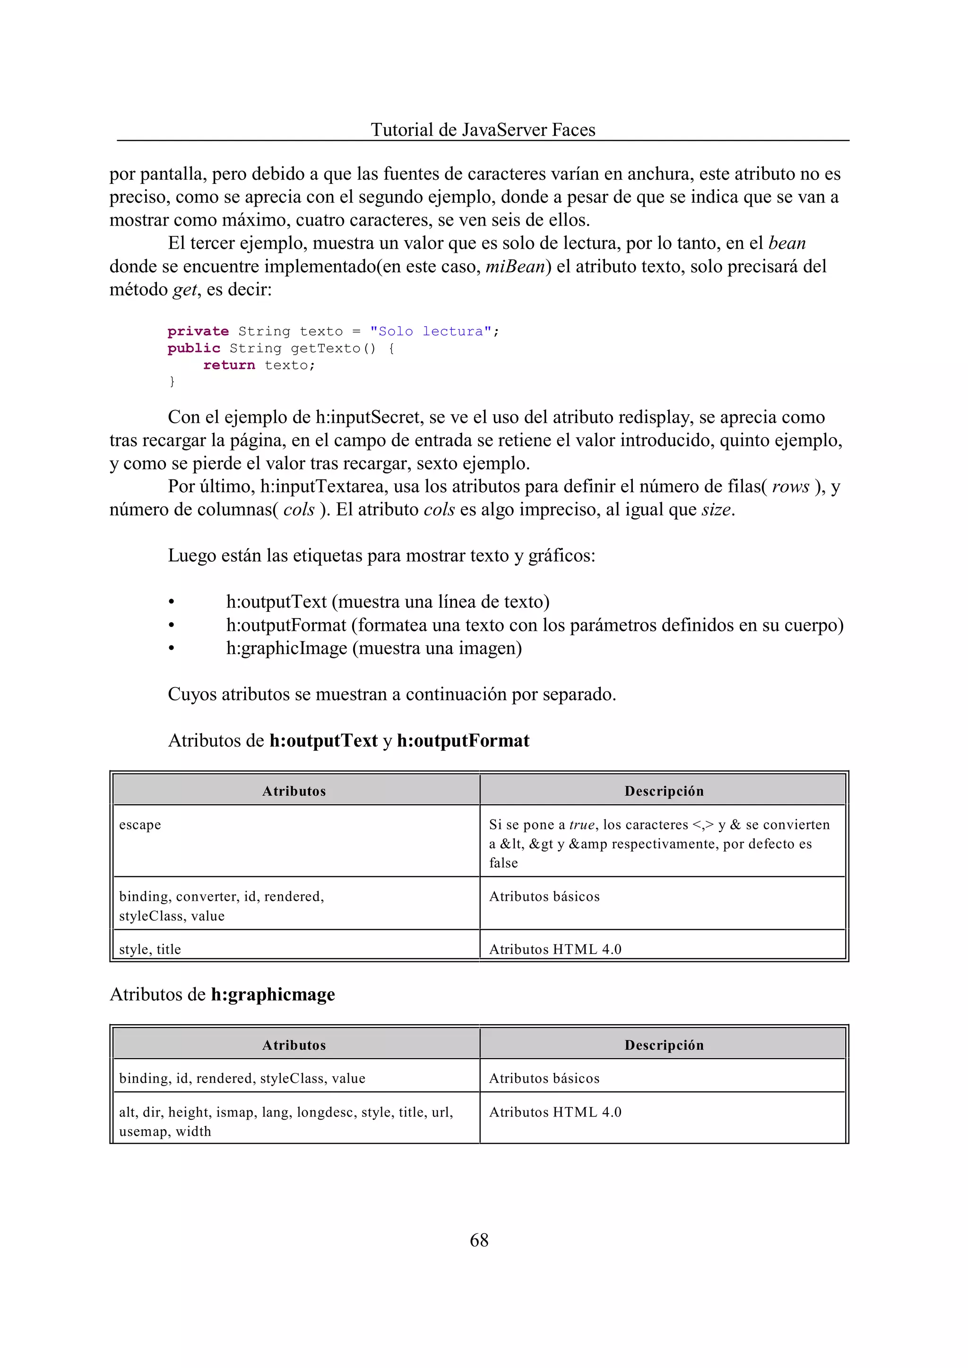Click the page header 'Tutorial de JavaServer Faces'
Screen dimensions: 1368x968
[x=483, y=130]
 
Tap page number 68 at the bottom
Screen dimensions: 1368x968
[x=479, y=1240]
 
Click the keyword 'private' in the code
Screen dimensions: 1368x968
[x=198, y=331]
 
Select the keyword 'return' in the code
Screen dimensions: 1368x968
[x=229, y=365]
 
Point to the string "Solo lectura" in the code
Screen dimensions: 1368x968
[x=431, y=331]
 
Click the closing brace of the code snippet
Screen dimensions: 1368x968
[x=172, y=381]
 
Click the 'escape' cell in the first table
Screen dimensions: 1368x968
[x=140, y=825]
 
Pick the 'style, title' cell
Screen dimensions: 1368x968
[x=150, y=949]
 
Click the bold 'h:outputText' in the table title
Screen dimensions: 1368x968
[x=323, y=741]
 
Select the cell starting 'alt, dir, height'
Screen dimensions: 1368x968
[x=286, y=1121]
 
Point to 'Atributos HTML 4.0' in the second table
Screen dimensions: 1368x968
[x=555, y=1112]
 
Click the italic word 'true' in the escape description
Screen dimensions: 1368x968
[x=582, y=825]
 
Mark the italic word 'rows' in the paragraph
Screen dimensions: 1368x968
[x=790, y=487]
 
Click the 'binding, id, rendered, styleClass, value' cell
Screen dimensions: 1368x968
[x=242, y=1078]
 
